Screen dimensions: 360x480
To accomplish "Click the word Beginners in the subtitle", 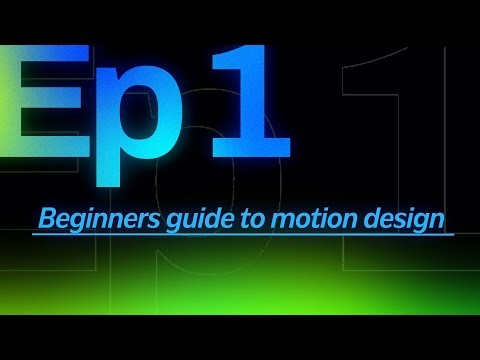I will [84, 218].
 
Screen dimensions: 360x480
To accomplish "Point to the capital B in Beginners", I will [44, 217].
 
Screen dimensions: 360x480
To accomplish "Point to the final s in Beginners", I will [130, 219].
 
